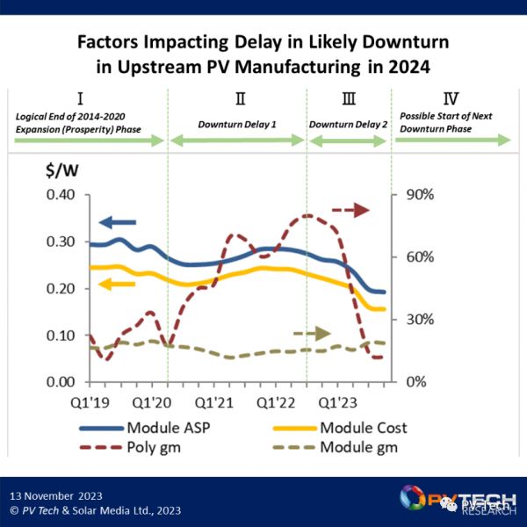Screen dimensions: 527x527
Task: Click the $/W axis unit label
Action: tap(61, 170)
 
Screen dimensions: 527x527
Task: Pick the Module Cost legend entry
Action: tap(364, 429)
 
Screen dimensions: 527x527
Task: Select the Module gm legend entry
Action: tap(357, 448)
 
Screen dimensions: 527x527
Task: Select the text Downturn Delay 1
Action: tap(237, 125)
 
